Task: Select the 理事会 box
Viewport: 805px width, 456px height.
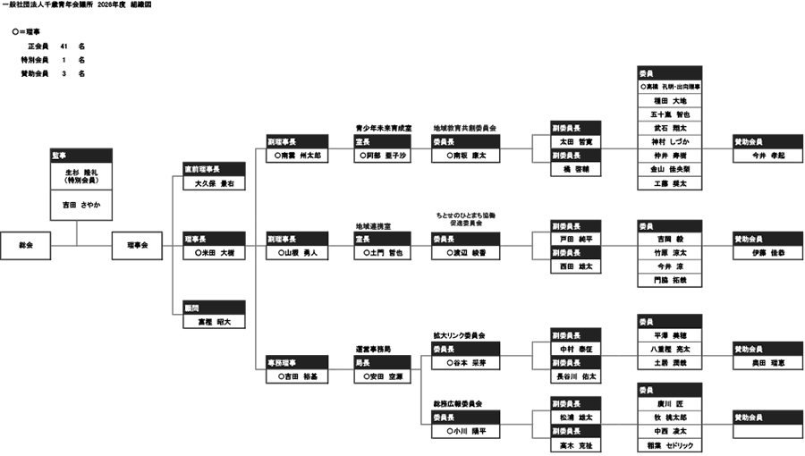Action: click(x=136, y=244)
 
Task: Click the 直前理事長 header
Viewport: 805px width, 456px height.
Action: click(x=214, y=169)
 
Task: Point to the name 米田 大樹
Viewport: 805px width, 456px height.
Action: click(x=214, y=253)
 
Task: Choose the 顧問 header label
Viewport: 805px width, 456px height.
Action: click(x=214, y=308)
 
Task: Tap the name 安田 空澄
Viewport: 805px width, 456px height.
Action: click(x=383, y=376)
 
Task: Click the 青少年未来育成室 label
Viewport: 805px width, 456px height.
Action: click(x=383, y=129)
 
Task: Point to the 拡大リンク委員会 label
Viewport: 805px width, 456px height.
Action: click(x=459, y=335)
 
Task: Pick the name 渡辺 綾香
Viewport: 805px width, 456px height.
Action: click(x=466, y=253)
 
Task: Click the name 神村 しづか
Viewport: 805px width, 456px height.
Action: click(x=670, y=141)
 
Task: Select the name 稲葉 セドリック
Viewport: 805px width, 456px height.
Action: click(x=670, y=445)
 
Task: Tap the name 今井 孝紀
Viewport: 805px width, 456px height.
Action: click(x=767, y=156)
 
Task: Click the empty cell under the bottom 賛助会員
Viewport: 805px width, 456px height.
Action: click(x=767, y=432)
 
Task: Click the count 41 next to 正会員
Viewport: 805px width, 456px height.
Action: click(x=64, y=46)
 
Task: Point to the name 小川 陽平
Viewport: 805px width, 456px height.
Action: click(x=466, y=431)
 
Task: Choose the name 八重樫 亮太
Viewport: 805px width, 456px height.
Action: click(x=670, y=349)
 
